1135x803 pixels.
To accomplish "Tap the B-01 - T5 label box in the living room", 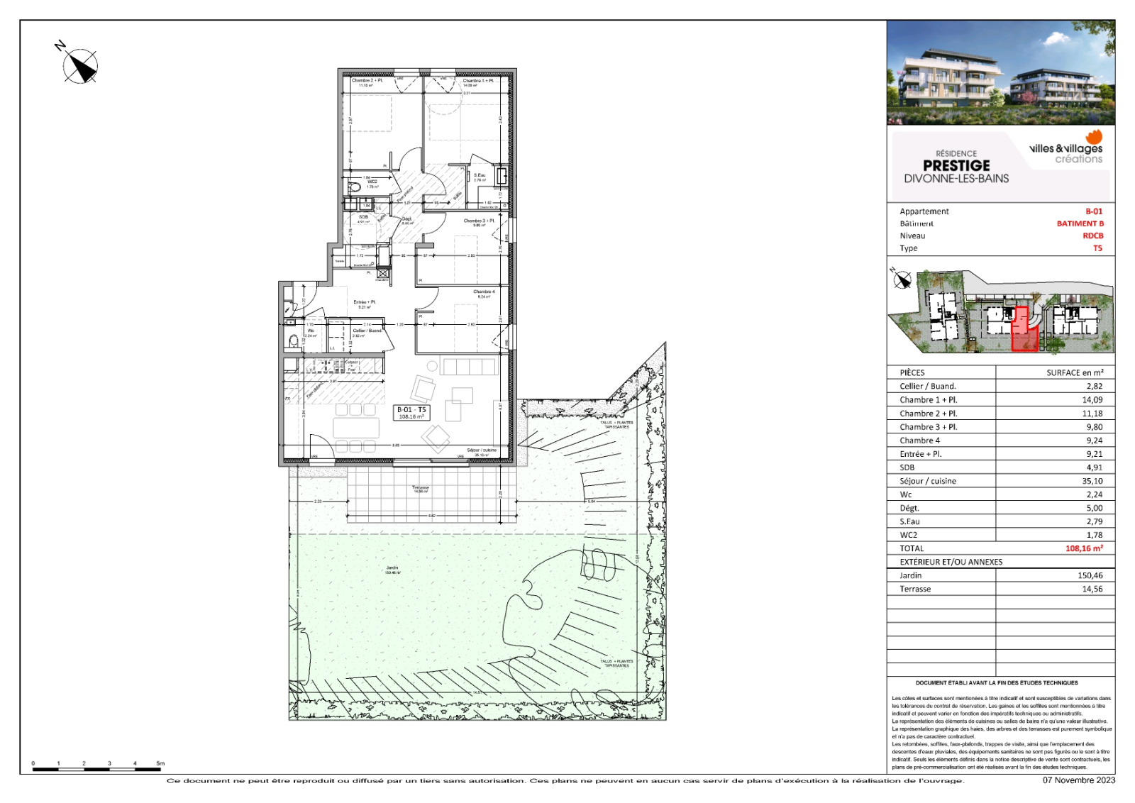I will [x=411, y=413].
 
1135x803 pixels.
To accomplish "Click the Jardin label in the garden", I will [x=392, y=569].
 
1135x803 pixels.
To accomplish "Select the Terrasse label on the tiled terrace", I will [x=421, y=489].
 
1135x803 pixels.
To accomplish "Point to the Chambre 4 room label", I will [x=484, y=293].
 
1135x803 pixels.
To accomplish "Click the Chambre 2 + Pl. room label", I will [x=367, y=82].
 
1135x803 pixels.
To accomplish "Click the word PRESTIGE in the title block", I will [x=956, y=165].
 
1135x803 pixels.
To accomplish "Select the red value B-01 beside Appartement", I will [x=1094, y=211].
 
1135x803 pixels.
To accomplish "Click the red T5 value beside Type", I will [x=1097, y=248].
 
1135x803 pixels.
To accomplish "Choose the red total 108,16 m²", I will [x=1084, y=548].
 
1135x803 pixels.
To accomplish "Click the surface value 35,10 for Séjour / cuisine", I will [x=1092, y=481].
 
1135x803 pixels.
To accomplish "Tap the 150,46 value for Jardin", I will [x=1090, y=575].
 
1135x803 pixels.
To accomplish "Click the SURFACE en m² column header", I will [x=1075, y=372].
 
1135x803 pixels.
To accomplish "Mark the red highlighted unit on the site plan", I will [x=1023, y=330].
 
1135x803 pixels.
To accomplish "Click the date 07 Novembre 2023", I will [x=1078, y=780].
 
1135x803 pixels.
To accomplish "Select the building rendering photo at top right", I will [x=1000, y=72].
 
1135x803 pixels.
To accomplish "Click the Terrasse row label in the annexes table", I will [x=915, y=589].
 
